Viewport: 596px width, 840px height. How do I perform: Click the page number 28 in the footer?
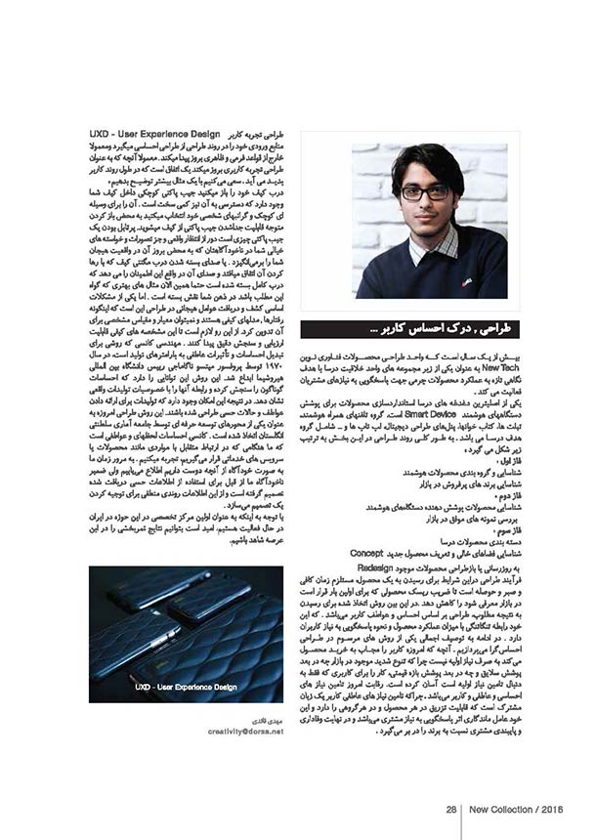(x=451, y=809)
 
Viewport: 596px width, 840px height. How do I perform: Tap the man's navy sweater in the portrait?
(x=430, y=273)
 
